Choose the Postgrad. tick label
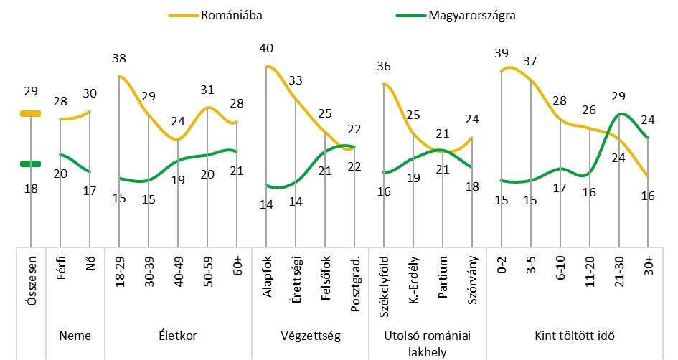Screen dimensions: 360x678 (355, 279)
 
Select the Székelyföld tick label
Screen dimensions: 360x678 (385, 283)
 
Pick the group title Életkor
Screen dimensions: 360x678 (178, 336)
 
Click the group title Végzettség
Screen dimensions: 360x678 (311, 336)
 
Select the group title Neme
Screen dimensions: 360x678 (75, 336)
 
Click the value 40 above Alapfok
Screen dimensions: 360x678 (267, 48)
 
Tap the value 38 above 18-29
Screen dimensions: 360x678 (119, 59)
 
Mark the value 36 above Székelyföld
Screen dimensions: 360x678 (385, 67)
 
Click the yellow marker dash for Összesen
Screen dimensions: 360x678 (31, 113)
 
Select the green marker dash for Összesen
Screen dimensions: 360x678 (31, 164)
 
